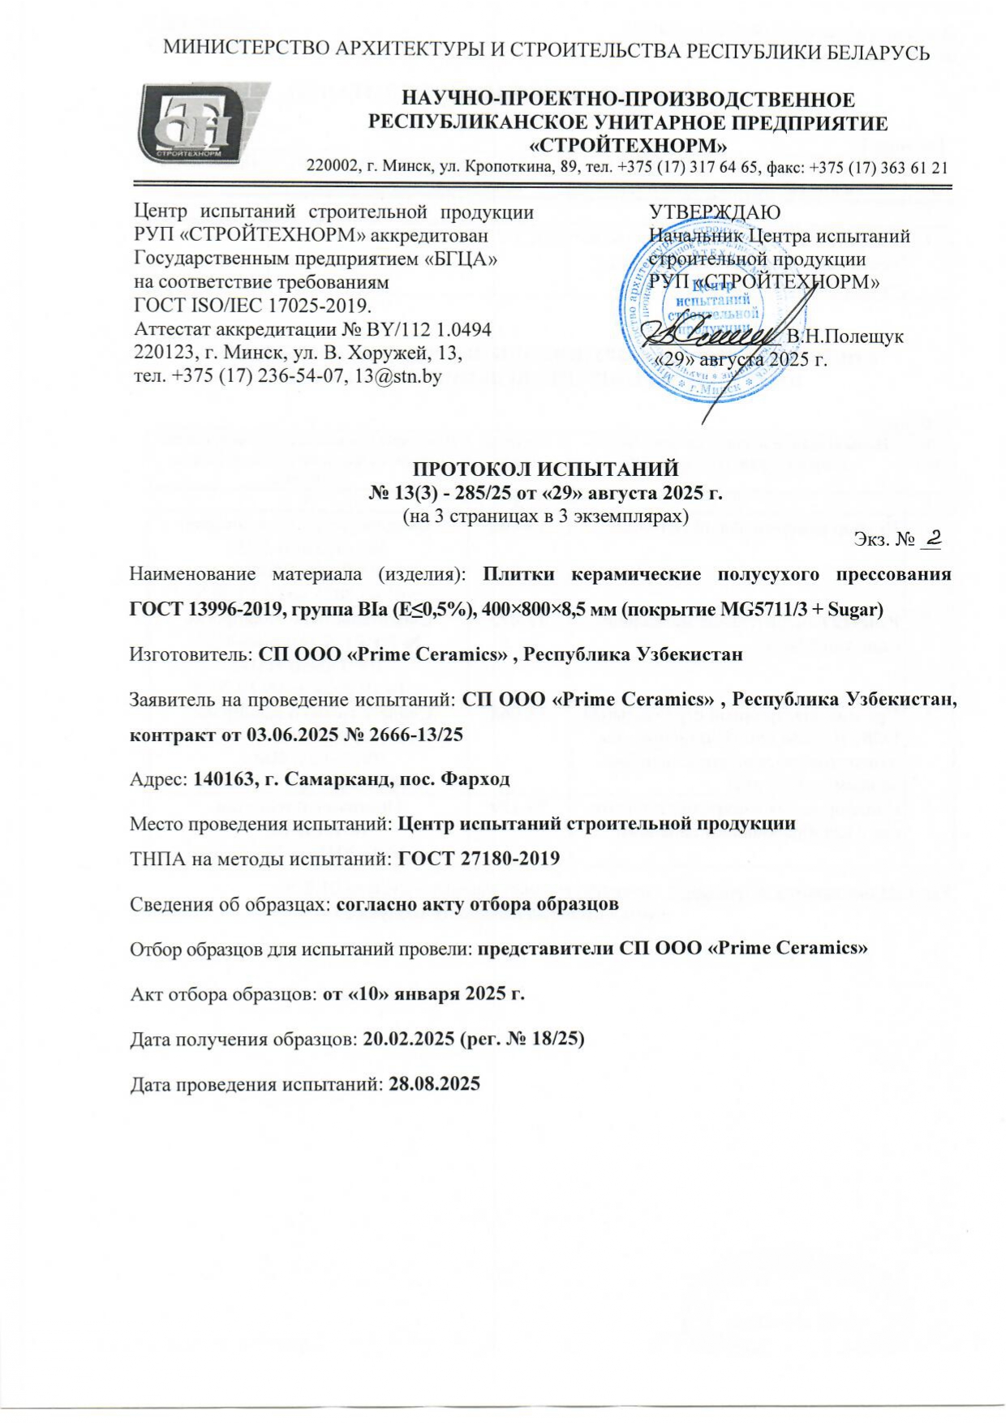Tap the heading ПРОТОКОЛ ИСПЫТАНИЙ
click(x=546, y=469)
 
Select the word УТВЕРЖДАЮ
click(x=715, y=213)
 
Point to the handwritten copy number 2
click(x=932, y=537)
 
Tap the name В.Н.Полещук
click(x=845, y=336)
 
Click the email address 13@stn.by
click(x=393, y=376)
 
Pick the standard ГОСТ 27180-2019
click(x=479, y=858)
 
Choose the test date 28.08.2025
click(x=435, y=1083)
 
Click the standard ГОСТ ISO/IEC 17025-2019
click(x=251, y=306)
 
